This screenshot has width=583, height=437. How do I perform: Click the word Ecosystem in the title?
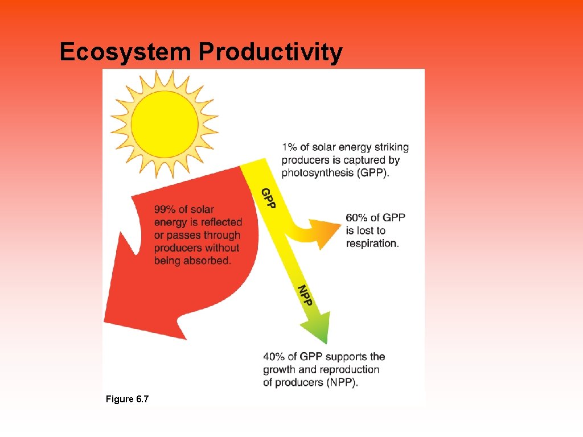coord(125,52)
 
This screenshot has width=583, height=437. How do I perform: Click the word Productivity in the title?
coord(270,52)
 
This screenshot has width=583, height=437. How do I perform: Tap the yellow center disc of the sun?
coord(165,123)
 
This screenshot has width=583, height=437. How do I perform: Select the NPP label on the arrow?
coord(306,295)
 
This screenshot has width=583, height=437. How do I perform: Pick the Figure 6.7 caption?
coord(127,399)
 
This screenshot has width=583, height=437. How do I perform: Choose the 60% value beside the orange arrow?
coord(356,218)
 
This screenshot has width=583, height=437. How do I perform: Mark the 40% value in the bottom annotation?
coord(274,357)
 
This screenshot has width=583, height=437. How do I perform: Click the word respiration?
coord(372,244)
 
